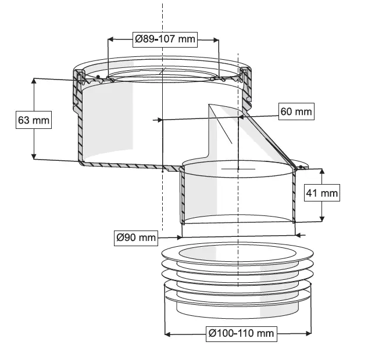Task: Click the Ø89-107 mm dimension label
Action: click(165, 39)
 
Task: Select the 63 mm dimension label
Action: click(34, 120)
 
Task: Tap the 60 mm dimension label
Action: click(296, 111)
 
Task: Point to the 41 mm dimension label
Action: click(322, 193)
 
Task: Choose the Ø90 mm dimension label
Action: click(136, 238)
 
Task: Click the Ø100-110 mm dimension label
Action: click(241, 333)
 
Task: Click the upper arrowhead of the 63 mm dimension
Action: click(34, 81)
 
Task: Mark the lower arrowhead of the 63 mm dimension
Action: click(34, 156)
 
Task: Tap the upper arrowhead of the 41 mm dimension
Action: click(322, 171)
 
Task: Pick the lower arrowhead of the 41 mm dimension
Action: click(322, 218)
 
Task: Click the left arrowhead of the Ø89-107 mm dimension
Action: click(111, 39)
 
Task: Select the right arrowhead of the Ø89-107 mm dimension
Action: click(216, 39)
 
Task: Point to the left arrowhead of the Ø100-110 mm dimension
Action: click(168, 334)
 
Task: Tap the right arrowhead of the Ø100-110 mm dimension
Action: click(308, 333)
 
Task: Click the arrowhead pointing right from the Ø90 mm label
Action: click(179, 237)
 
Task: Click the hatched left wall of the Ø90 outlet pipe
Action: click(183, 195)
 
